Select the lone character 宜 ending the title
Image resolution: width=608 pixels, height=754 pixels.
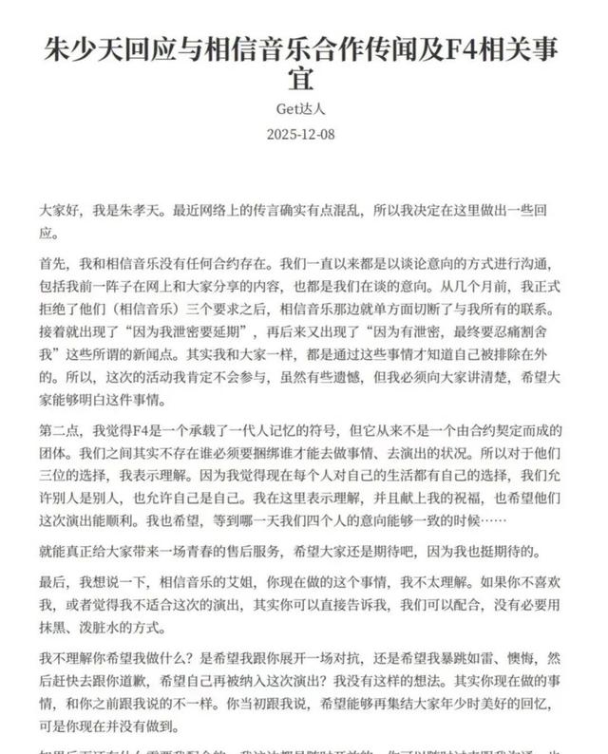tap(303, 80)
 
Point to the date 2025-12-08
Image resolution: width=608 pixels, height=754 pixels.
tap(303, 135)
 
